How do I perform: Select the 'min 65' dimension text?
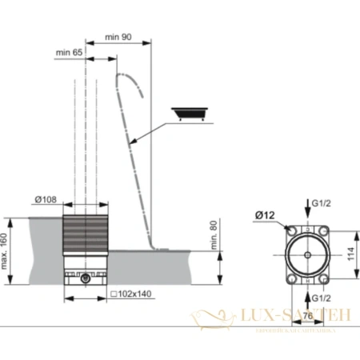point(69,53)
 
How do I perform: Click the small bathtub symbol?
point(191,114)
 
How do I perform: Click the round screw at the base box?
point(86,279)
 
